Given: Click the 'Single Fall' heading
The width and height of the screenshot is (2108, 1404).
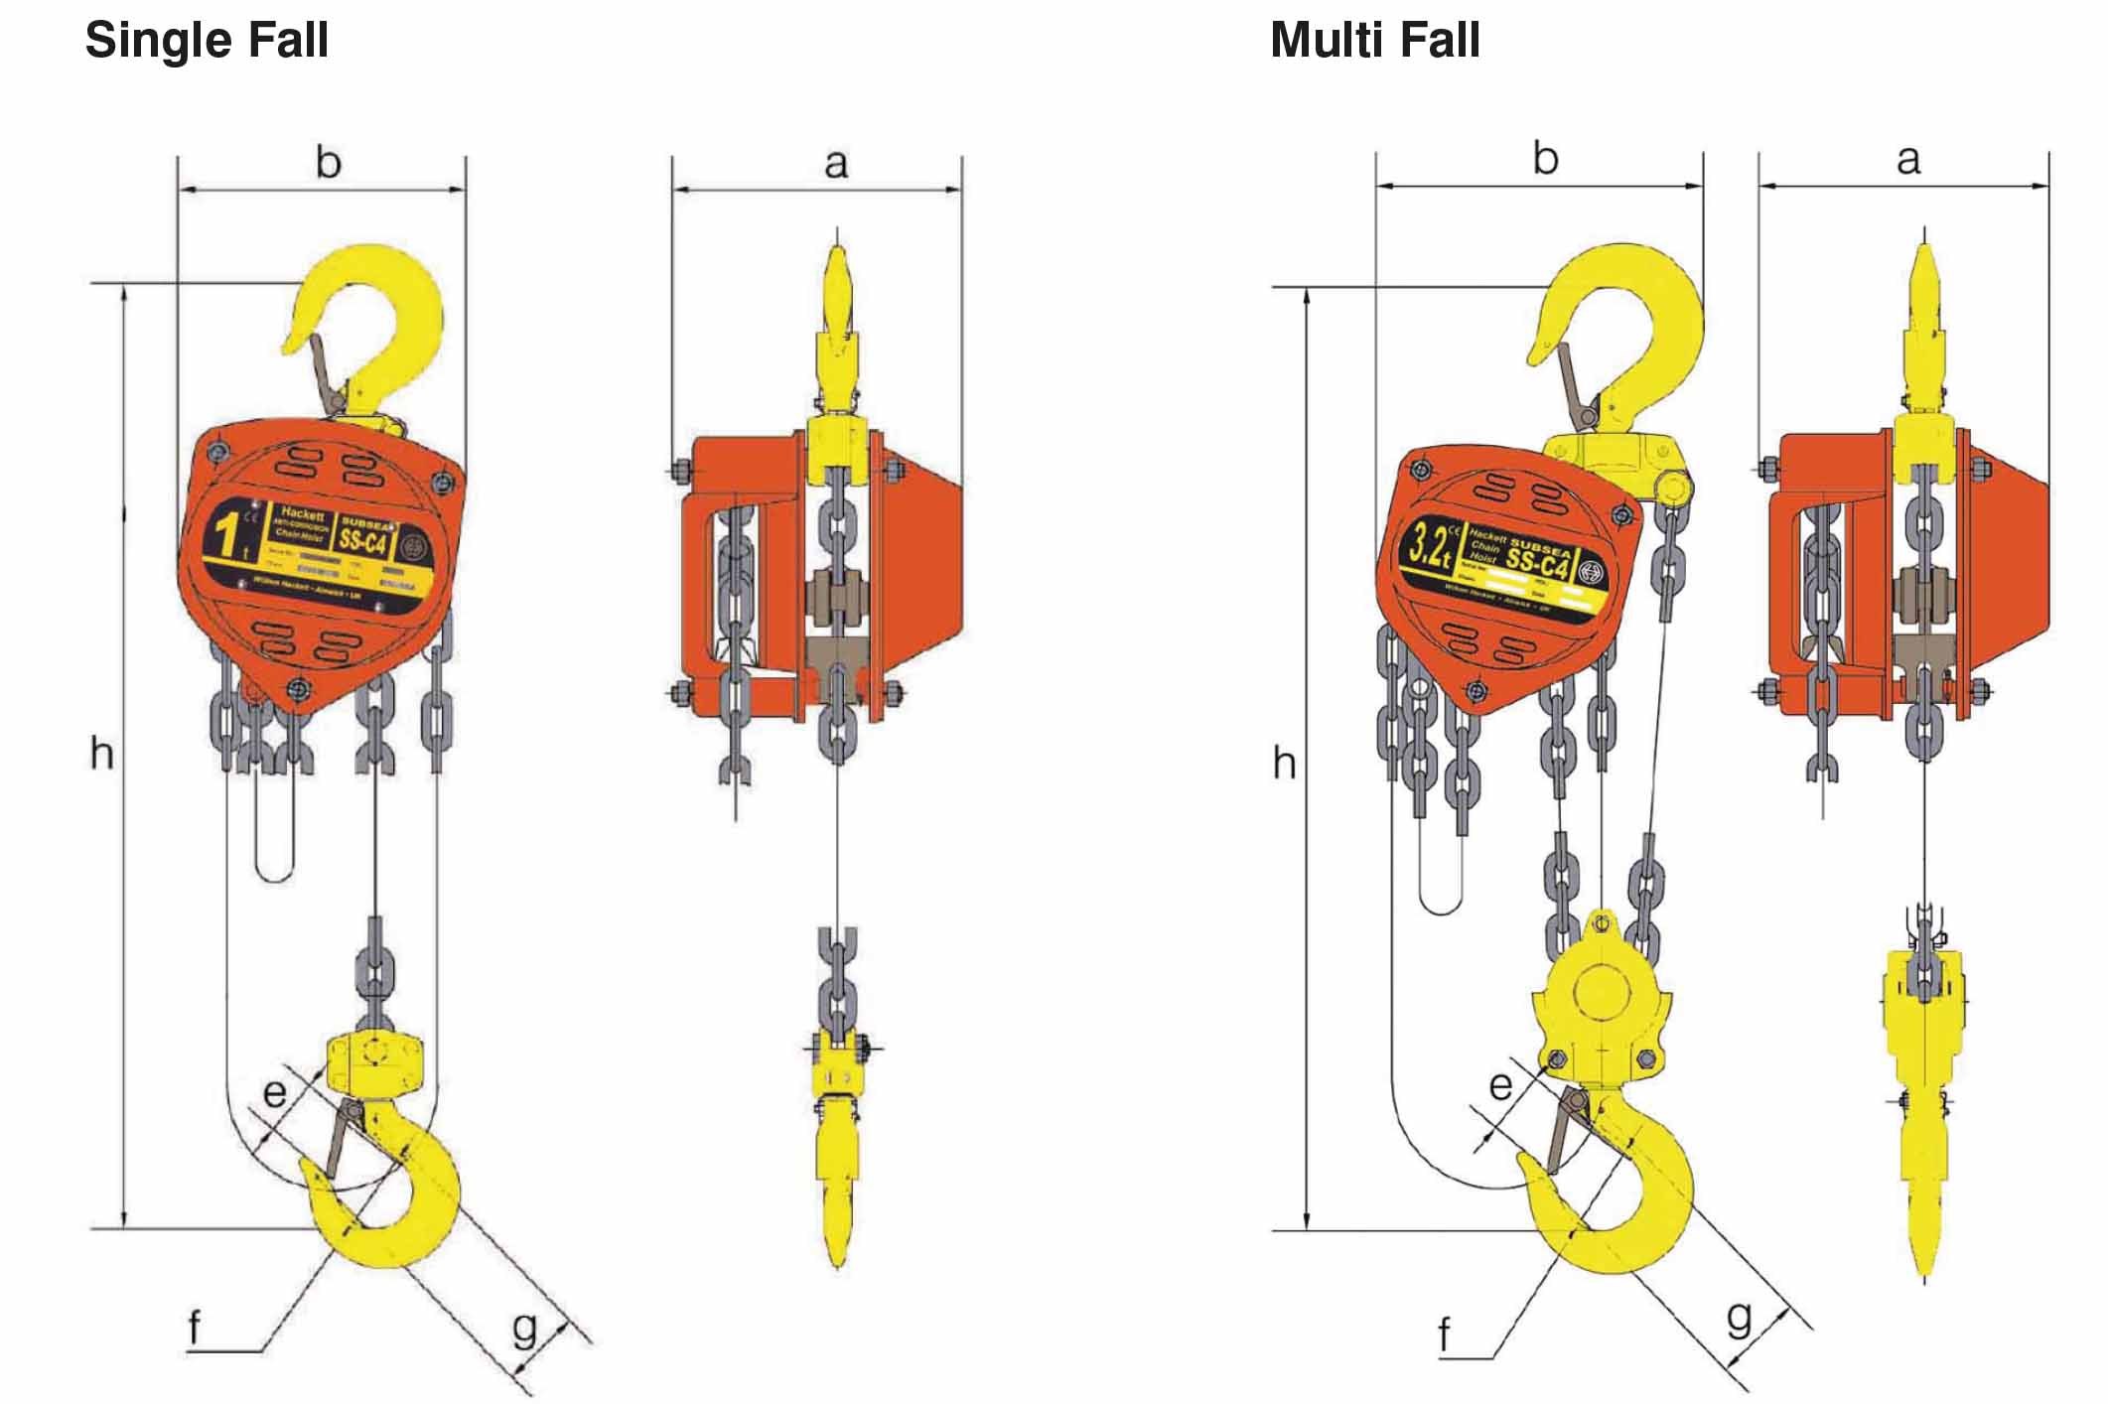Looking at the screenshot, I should coord(207,41).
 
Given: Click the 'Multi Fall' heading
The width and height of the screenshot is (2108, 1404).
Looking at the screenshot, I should coord(1374,41).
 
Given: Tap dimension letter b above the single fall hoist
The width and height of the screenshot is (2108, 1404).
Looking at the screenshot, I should coord(328,162).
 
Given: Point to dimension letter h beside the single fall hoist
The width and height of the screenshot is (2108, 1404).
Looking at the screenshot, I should coord(101,755).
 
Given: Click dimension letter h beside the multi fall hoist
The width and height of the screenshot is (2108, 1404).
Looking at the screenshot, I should coord(1284,764).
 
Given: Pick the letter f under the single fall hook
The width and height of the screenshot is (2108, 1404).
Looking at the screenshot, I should coord(195,1327).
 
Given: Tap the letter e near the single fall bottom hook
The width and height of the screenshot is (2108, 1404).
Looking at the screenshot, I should coord(274,1093).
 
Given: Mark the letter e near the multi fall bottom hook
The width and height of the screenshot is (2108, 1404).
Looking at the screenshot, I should coord(1500,1084).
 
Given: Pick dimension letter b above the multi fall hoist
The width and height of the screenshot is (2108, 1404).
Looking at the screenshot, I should coord(1545,159).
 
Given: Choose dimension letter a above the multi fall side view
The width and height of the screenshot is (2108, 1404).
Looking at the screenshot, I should coord(1907,160).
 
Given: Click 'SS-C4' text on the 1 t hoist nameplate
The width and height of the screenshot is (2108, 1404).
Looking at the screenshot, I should coord(362,542).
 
